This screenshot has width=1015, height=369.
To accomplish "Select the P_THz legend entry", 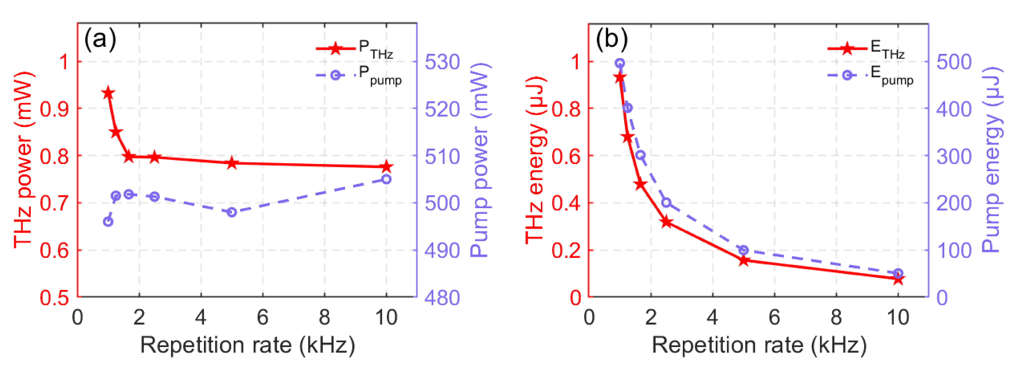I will pyautogui.click(x=355, y=49).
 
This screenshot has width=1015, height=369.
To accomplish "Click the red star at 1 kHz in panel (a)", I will pyautogui.click(x=108, y=93).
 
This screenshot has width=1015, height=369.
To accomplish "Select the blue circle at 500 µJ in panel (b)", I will pyautogui.click(x=620, y=63).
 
